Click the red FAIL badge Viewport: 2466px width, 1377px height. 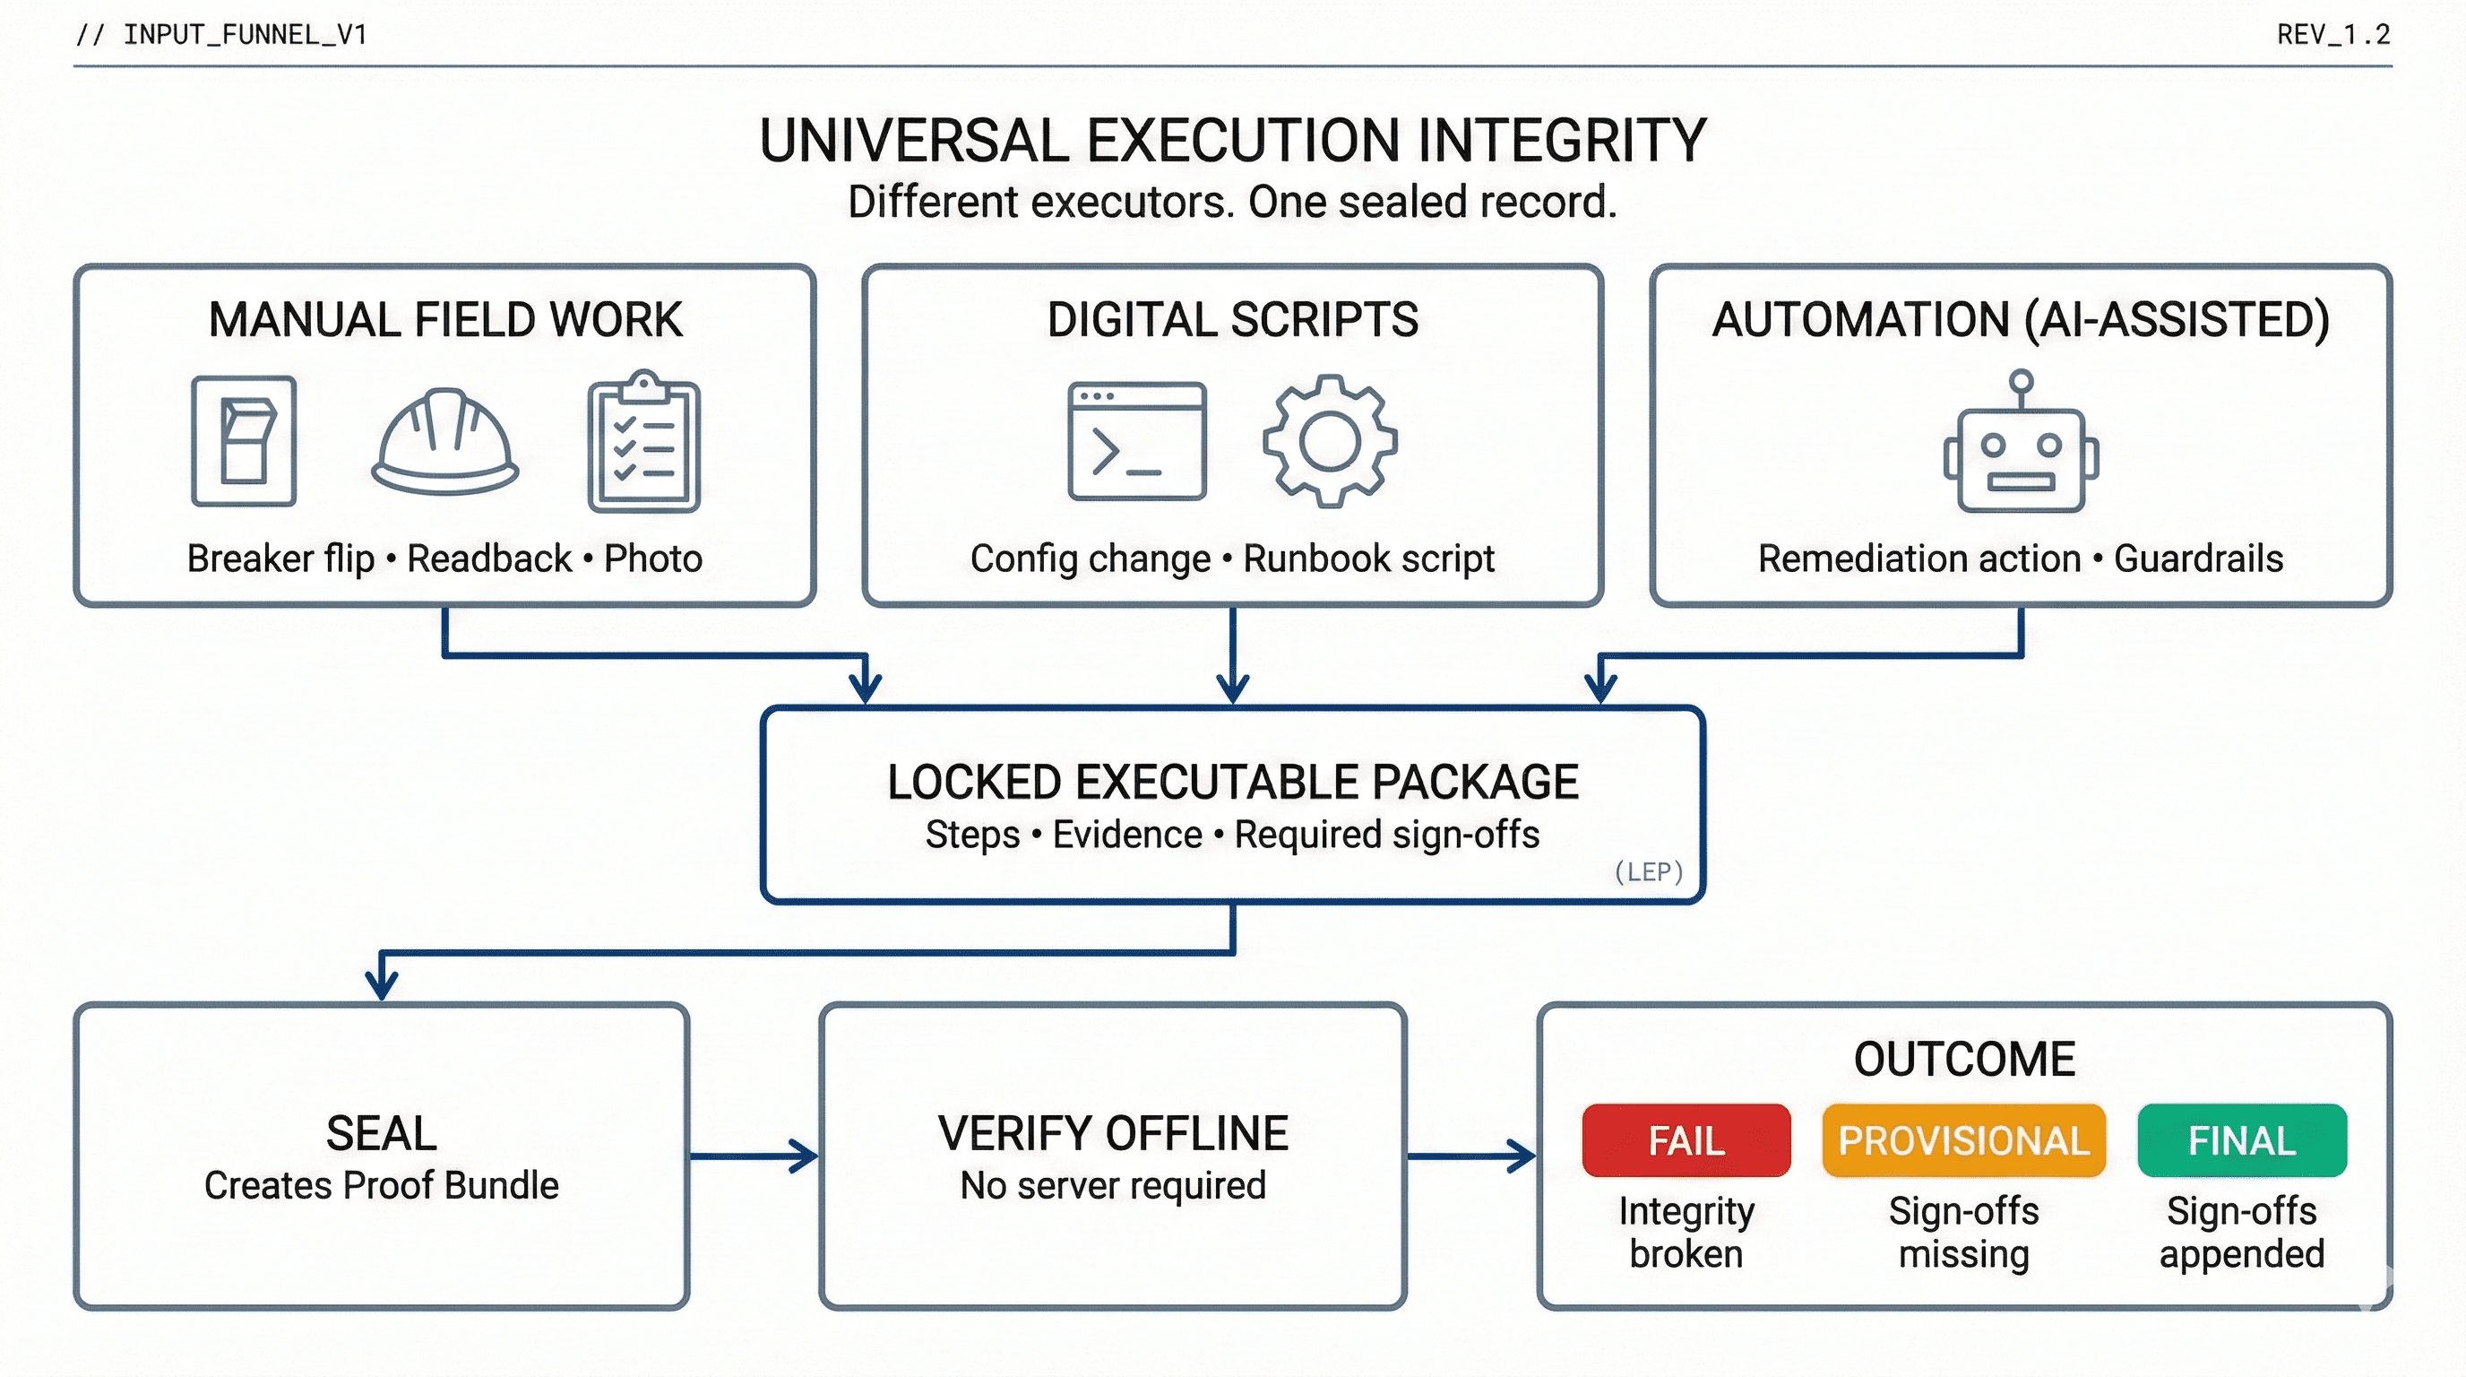[1686, 1139]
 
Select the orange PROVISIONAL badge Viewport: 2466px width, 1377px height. [1963, 1139]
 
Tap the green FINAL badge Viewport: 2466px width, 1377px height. [2241, 1139]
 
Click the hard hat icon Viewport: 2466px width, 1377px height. [444, 441]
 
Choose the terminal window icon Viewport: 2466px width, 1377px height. [1136, 441]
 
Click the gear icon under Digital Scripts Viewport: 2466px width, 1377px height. [1329, 441]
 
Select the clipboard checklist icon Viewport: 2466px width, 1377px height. [643, 441]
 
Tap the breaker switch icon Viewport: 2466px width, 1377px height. [243, 441]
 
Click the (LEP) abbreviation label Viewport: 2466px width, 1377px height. [1648, 871]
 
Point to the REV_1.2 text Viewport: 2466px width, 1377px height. [2333, 34]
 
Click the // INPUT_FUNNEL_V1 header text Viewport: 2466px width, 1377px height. [221, 34]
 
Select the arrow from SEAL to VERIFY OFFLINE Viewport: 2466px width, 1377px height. [754, 1156]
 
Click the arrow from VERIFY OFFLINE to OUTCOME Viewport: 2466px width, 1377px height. [1471, 1156]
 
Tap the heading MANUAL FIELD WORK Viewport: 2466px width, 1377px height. [445, 320]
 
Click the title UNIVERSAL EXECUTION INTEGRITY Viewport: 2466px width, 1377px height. [1232, 141]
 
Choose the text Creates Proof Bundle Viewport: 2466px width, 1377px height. [381, 1185]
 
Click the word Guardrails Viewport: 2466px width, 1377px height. [2198, 559]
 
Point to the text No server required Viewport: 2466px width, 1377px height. [1112, 1185]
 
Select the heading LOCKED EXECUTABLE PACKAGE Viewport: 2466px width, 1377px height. [1232, 782]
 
